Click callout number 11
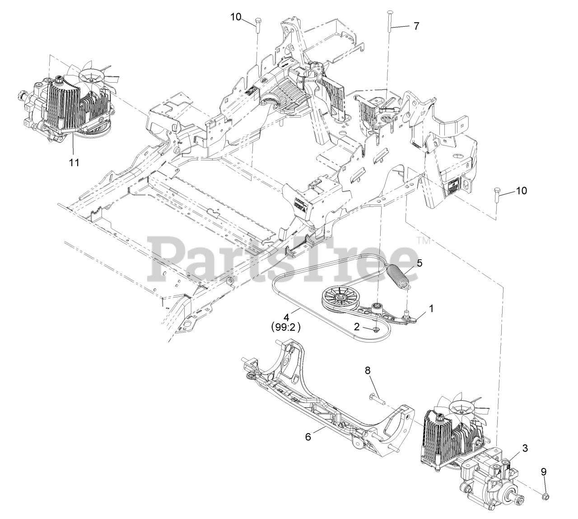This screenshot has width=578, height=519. (74, 163)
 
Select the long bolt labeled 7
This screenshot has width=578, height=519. (388, 22)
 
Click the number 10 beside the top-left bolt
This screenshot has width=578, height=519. (236, 17)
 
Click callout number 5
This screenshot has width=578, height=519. (420, 263)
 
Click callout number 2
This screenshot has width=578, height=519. (356, 327)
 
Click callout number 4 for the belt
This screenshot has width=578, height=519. (286, 317)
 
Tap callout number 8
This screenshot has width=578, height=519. (368, 370)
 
